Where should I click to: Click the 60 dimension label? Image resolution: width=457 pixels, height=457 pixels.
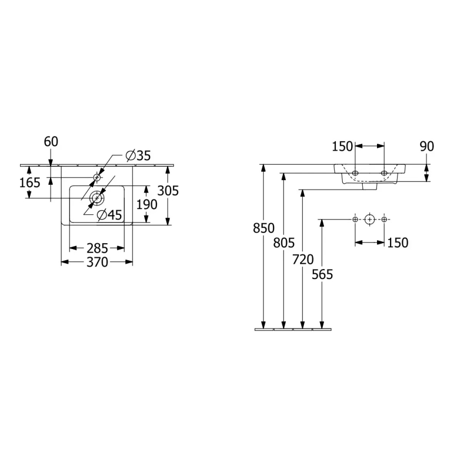(51, 142)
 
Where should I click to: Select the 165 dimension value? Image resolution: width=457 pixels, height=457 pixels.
(30, 183)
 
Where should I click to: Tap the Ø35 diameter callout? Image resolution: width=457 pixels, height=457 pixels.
(138, 155)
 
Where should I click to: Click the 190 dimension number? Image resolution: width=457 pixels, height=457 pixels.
(147, 204)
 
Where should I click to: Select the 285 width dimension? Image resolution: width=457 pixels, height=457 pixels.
(97, 247)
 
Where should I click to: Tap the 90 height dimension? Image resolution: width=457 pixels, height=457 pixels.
(427, 146)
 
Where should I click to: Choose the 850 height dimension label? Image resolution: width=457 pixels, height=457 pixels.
(264, 228)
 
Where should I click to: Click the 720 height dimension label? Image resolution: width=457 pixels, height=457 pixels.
(303, 259)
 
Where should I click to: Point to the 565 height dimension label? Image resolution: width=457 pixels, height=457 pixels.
(322, 274)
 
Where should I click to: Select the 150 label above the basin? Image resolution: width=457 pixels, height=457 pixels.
(343, 146)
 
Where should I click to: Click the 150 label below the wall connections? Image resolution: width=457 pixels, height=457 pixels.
(398, 242)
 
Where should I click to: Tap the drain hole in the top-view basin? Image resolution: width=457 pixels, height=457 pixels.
(97, 198)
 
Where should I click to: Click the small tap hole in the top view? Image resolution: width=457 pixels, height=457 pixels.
(97, 177)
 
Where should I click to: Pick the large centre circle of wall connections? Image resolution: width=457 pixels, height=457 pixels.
(370, 219)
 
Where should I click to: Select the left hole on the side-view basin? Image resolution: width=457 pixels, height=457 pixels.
(355, 172)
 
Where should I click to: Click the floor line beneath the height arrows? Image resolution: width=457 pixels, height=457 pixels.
(294, 330)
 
